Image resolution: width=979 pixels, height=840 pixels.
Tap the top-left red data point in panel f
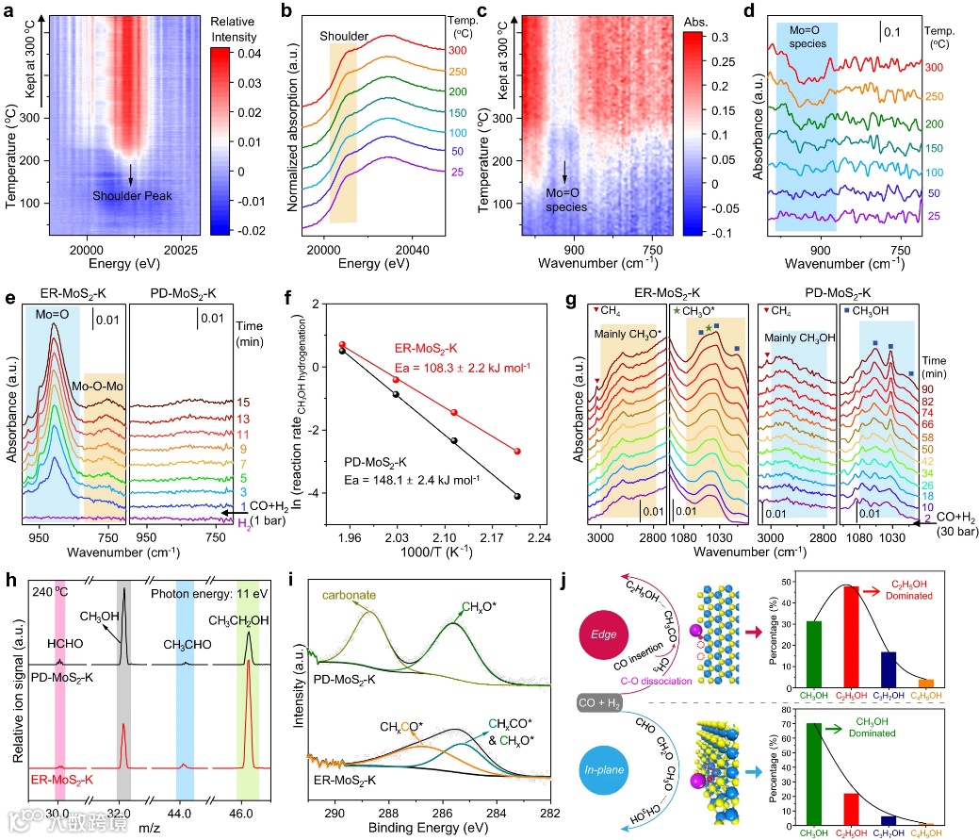click(x=342, y=345)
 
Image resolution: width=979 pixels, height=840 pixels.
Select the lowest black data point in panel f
click(x=518, y=496)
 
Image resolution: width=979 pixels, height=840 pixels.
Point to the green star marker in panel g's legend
click(x=677, y=311)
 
